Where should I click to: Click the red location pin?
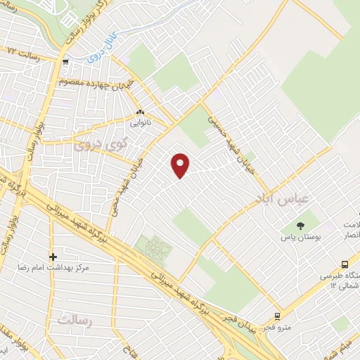click(x=181, y=165)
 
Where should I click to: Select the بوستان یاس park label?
click(x=301, y=239)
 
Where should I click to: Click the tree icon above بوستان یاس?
click(x=300, y=226)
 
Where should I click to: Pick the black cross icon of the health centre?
click(x=53, y=257)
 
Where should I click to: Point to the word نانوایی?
click(x=140, y=122)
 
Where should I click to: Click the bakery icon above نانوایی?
click(x=140, y=112)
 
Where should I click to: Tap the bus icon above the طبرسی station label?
click(x=344, y=264)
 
